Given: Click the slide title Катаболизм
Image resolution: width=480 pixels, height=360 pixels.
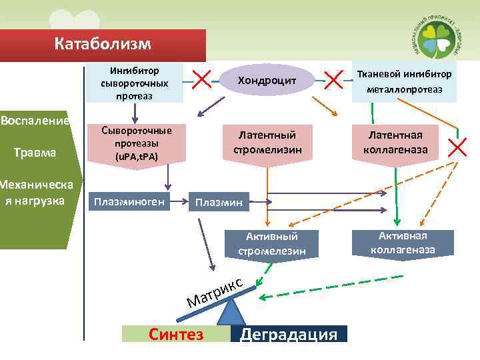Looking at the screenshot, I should pos(103,45).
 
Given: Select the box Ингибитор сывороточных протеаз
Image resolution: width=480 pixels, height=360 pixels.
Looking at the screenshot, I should pos(135,83).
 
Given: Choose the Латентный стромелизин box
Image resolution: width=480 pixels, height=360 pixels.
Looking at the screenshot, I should pos(267,142).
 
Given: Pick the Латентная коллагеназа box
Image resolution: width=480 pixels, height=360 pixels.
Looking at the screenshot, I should pos(395,141).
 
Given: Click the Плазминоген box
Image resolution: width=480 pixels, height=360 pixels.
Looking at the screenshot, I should pos(129,201).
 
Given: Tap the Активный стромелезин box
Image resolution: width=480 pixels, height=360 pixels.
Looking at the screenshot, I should pos(271,243).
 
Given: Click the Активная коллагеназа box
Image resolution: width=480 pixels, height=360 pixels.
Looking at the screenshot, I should pos(403,243).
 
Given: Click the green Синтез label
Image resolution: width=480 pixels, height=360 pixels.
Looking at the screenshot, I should pos(176,334).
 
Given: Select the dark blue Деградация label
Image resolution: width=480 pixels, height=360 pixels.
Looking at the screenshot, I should pos(289,334).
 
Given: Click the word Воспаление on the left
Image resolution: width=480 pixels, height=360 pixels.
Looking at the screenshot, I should pos(36,121).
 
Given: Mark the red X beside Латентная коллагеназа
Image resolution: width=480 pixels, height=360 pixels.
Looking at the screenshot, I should pos(458,147).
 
